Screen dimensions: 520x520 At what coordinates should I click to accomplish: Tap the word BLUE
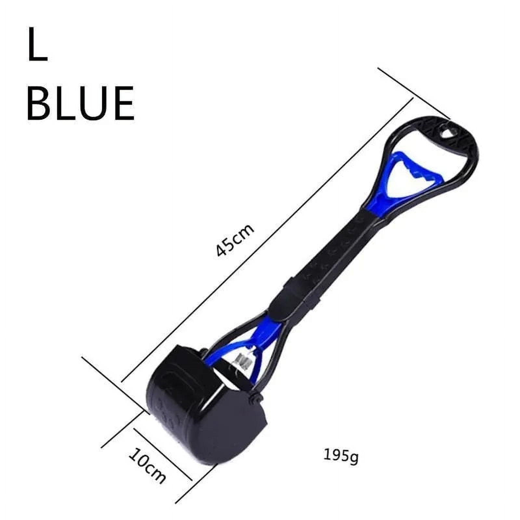point(80,104)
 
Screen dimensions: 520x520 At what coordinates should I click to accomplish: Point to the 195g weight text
point(341,456)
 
